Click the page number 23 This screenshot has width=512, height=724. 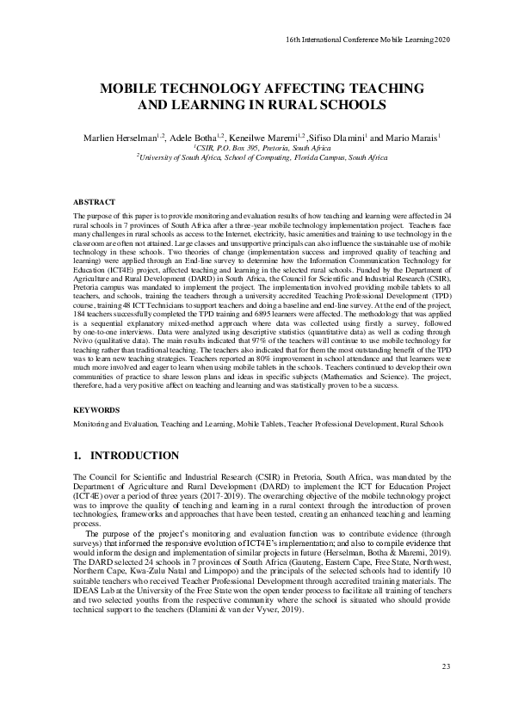tap(445, 666)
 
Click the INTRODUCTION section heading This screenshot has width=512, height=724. tap(126, 456)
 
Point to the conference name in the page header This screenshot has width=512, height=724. tap(367, 40)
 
